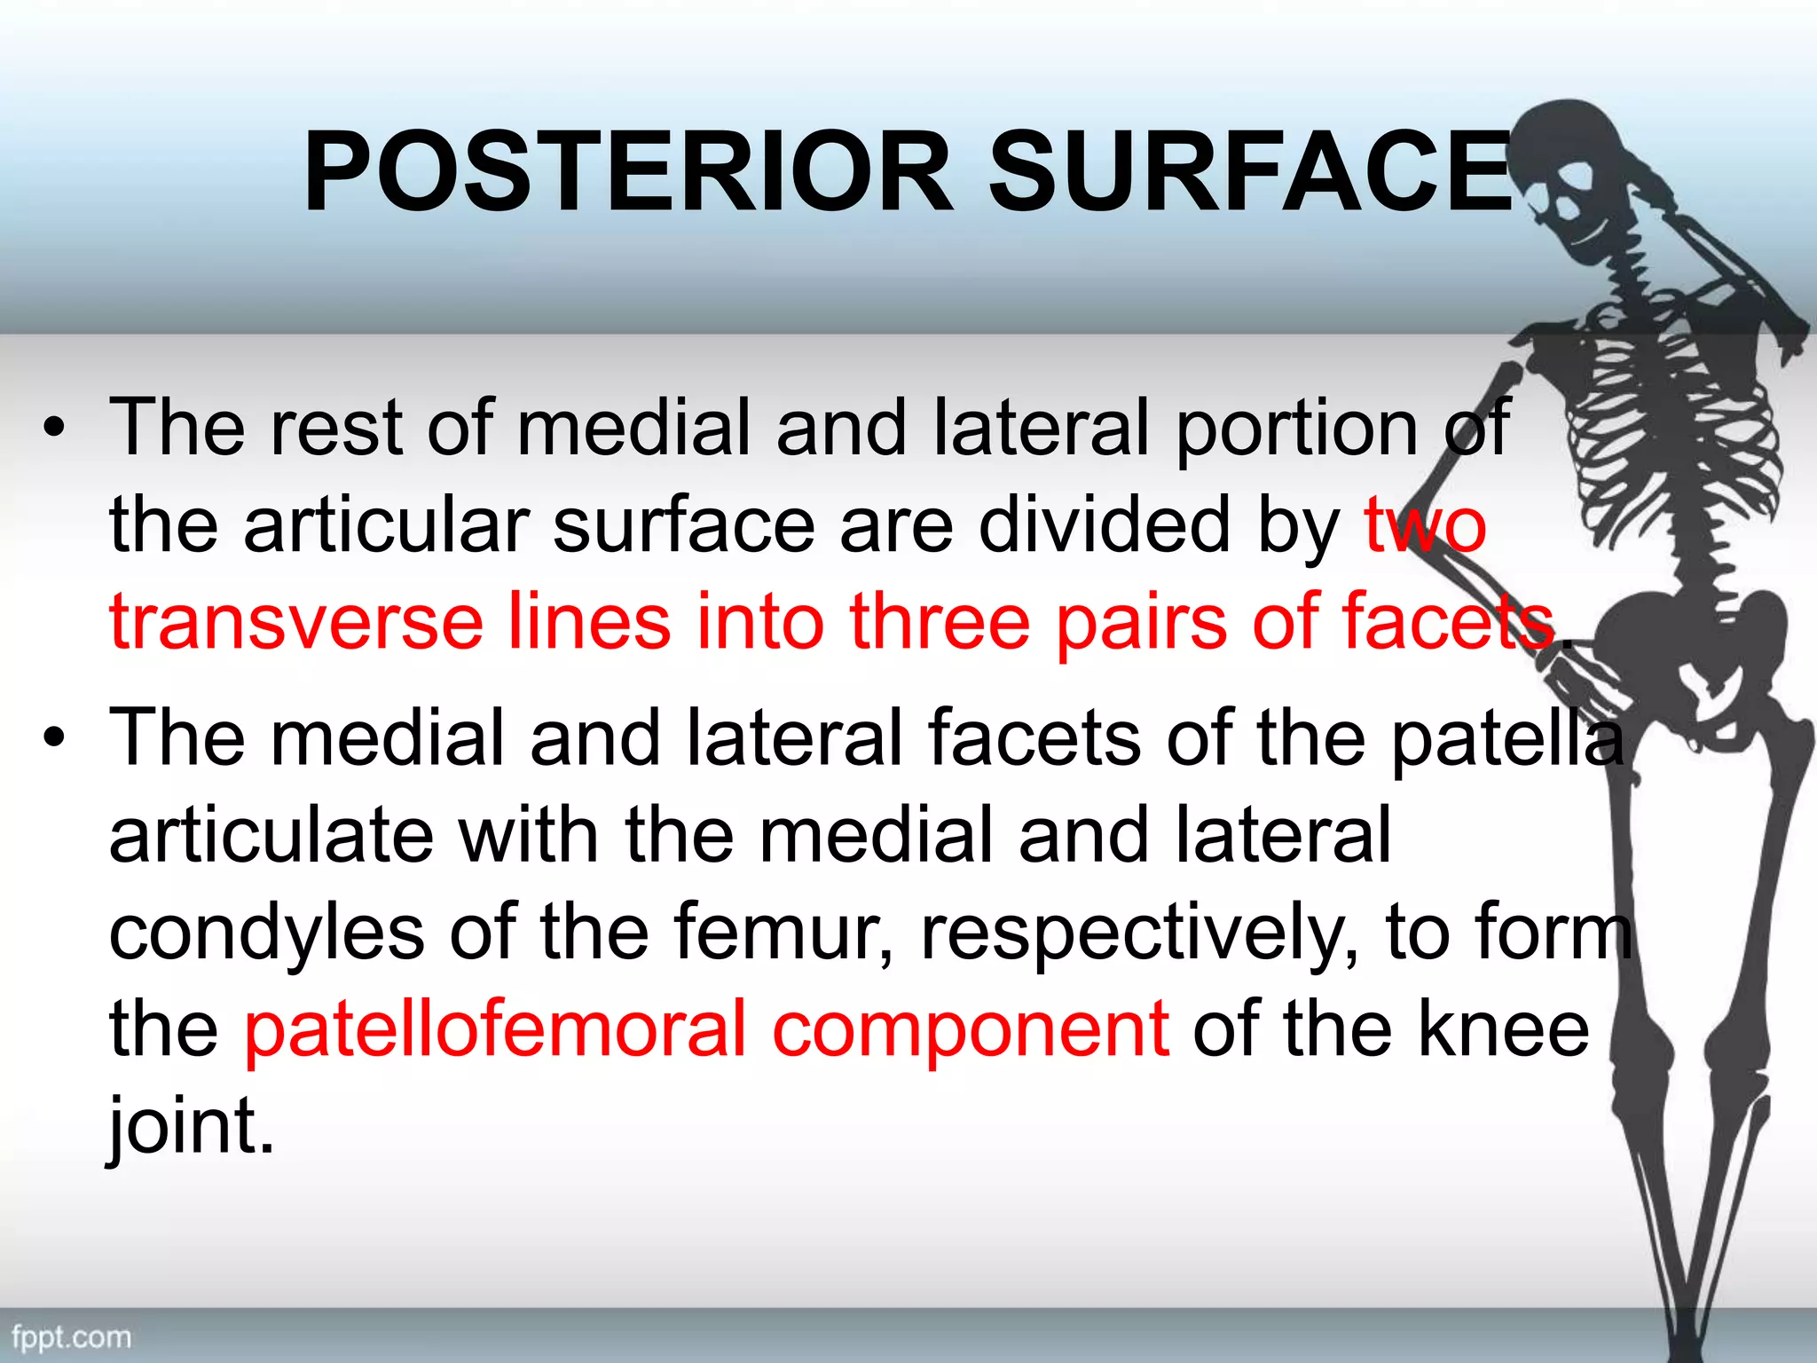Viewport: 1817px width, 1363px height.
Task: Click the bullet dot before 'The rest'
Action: click(x=55, y=429)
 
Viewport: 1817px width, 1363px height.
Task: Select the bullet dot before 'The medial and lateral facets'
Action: click(x=55, y=738)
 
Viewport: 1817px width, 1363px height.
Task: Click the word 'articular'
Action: click(x=387, y=525)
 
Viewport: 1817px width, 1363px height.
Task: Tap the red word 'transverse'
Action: click(x=296, y=621)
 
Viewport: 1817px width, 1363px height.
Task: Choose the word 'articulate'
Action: click(x=271, y=836)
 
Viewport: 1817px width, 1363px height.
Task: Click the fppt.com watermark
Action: click(x=71, y=1336)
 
